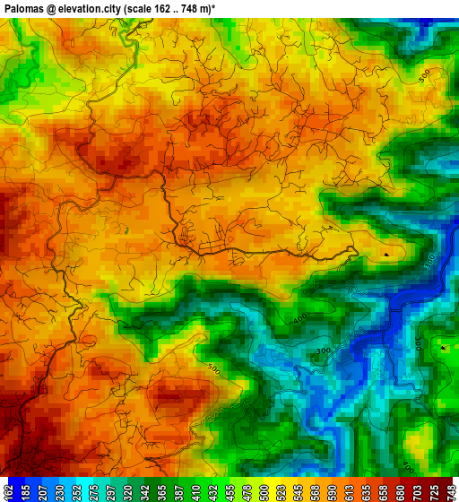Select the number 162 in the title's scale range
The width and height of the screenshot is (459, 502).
point(164,7)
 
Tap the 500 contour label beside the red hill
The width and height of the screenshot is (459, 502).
point(213,368)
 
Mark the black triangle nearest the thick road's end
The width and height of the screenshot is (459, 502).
point(386,255)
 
